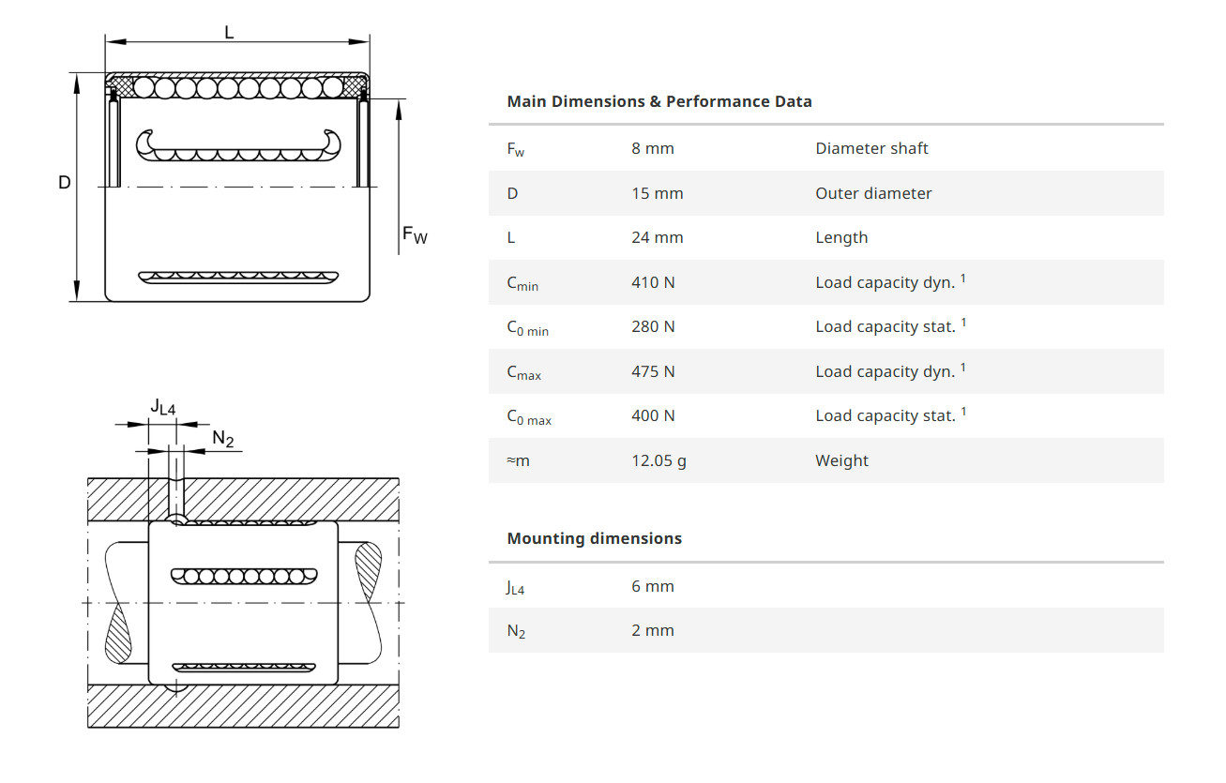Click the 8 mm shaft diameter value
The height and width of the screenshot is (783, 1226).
pyautogui.click(x=652, y=148)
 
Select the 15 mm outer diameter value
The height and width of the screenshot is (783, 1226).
pyautogui.click(x=657, y=193)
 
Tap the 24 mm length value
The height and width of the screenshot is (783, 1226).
pyautogui.click(x=657, y=237)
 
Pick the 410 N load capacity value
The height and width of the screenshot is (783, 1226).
pyautogui.click(x=653, y=282)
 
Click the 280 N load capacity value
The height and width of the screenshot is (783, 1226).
pyautogui.click(x=653, y=326)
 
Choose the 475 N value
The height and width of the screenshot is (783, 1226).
pyautogui.click(x=653, y=371)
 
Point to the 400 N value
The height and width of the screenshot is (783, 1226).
pyautogui.click(x=653, y=415)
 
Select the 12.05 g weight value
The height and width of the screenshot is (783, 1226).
pyautogui.click(x=658, y=460)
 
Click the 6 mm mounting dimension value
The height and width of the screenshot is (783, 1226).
pyautogui.click(x=652, y=586)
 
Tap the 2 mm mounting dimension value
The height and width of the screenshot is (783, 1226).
pyautogui.click(x=652, y=630)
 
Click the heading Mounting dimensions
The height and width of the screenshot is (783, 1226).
pyautogui.click(x=594, y=538)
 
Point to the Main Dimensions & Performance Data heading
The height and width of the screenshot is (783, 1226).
pyautogui.click(x=658, y=101)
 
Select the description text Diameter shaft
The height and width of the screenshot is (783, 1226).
pyautogui.click(x=871, y=148)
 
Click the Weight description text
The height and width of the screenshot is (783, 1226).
pyautogui.click(x=841, y=460)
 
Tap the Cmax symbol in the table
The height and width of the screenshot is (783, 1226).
pyautogui.click(x=523, y=372)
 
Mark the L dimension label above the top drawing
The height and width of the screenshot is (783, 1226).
pyautogui.click(x=229, y=32)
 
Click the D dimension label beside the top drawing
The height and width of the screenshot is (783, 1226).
pyautogui.click(x=65, y=182)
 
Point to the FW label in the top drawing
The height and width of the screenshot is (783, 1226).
pyautogui.click(x=414, y=234)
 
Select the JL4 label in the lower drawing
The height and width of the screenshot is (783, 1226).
pyautogui.click(x=163, y=406)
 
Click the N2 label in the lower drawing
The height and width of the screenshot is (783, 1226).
pyautogui.click(x=222, y=439)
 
